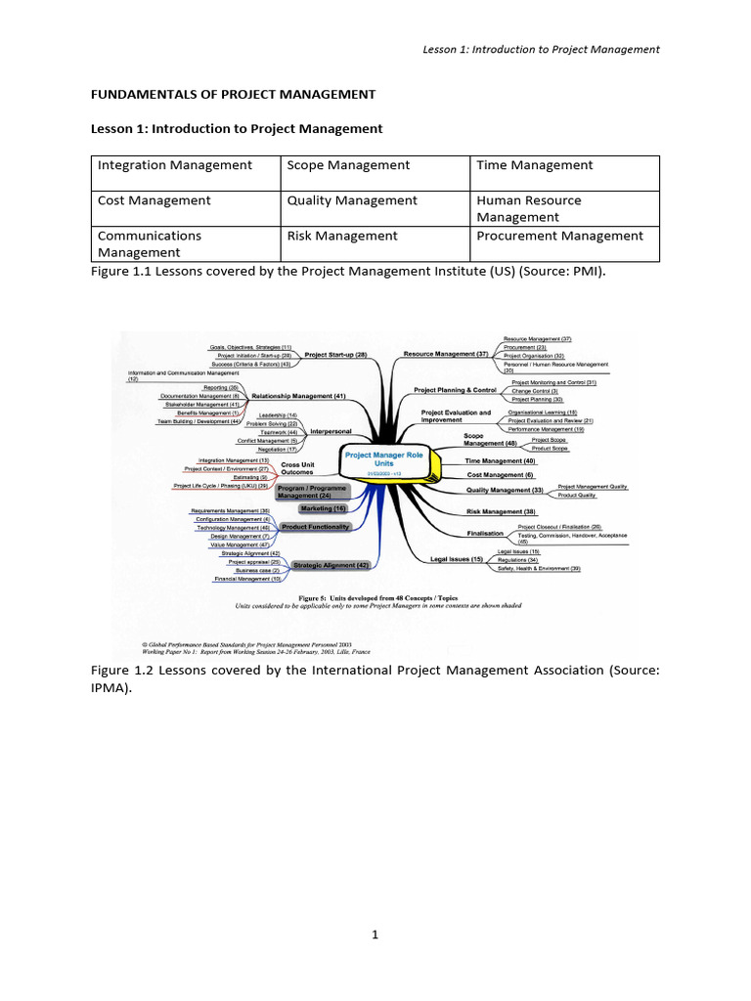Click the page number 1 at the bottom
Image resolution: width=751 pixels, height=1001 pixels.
click(x=375, y=935)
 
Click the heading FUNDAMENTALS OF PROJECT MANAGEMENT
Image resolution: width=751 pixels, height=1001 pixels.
click(x=233, y=94)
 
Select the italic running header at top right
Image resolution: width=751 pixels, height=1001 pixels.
click(x=541, y=49)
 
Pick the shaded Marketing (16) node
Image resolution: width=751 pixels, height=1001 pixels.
click(x=324, y=508)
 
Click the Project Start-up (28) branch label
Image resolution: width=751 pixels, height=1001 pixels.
click(x=335, y=354)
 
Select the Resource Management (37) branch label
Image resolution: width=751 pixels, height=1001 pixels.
click(x=446, y=354)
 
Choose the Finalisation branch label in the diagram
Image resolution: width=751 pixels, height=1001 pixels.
click(x=485, y=534)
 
